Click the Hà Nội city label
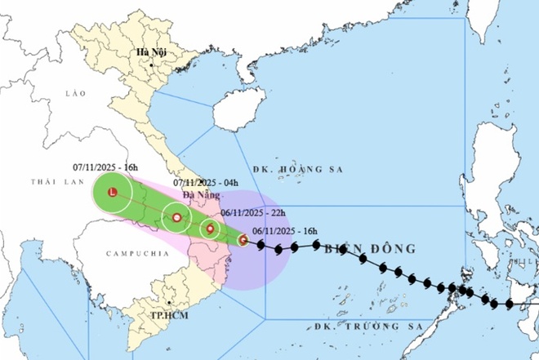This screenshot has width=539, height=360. click(152, 53)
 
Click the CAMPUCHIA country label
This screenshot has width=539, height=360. click(130, 255)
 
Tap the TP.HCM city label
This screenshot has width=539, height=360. click(171, 314)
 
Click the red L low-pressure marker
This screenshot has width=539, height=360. click(113, 193)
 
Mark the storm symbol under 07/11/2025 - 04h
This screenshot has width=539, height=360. click(176, 217)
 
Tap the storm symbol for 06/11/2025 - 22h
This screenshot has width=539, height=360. click(210, 229)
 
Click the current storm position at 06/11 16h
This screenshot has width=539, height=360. click(243, 239)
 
